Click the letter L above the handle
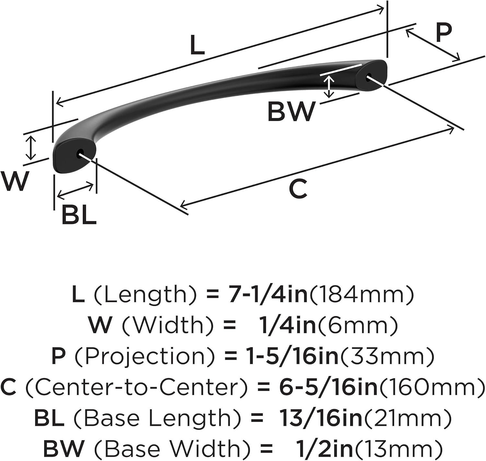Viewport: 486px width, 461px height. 198,45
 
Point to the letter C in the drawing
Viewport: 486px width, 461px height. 298,189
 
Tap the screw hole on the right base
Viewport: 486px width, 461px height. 368,76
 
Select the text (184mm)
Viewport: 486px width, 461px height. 361,294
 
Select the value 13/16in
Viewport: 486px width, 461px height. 322,417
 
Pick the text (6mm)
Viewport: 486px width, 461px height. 357,325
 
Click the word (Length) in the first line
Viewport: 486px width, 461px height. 140,294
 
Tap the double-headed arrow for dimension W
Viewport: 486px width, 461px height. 31,148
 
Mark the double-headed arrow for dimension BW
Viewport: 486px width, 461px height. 329,87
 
